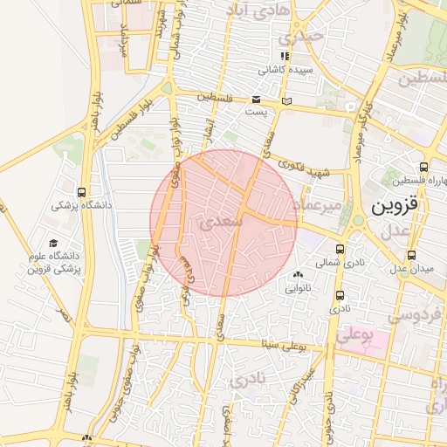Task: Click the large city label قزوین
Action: coord(395,207)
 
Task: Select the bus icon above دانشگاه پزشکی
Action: coord(81,192)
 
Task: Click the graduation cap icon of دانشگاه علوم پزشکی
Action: coord(53,244)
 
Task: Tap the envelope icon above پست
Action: coord(256,100)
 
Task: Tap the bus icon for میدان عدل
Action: coord(414,256)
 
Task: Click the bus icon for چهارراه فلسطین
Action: coord(423,168)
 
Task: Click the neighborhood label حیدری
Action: coord(300,37)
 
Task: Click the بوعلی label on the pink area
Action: coord(355,334)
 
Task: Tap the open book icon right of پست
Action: coord(286,103)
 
